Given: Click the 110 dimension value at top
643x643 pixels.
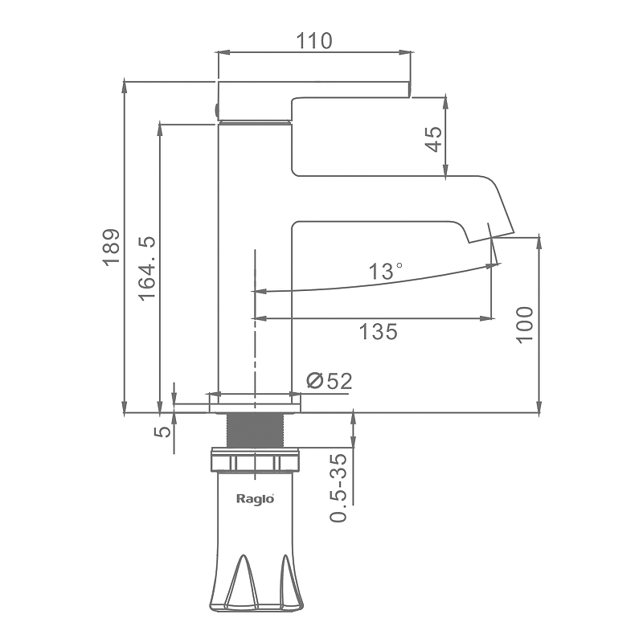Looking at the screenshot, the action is [313, 41].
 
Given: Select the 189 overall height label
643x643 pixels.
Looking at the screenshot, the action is [112, 248].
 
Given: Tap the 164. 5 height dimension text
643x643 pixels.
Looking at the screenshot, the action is [147, 268].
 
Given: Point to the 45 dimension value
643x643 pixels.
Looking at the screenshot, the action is [434, 139].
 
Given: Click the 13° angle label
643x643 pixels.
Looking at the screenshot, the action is [386, 271].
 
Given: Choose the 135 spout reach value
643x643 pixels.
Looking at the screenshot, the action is [378, 331].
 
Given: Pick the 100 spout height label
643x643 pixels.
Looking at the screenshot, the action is [525, 325].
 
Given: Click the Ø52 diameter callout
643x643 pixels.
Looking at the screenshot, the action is [330, 380].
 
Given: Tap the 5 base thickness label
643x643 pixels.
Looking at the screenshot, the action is [162, 432].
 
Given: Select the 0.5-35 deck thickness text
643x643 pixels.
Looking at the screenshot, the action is [338, 488].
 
